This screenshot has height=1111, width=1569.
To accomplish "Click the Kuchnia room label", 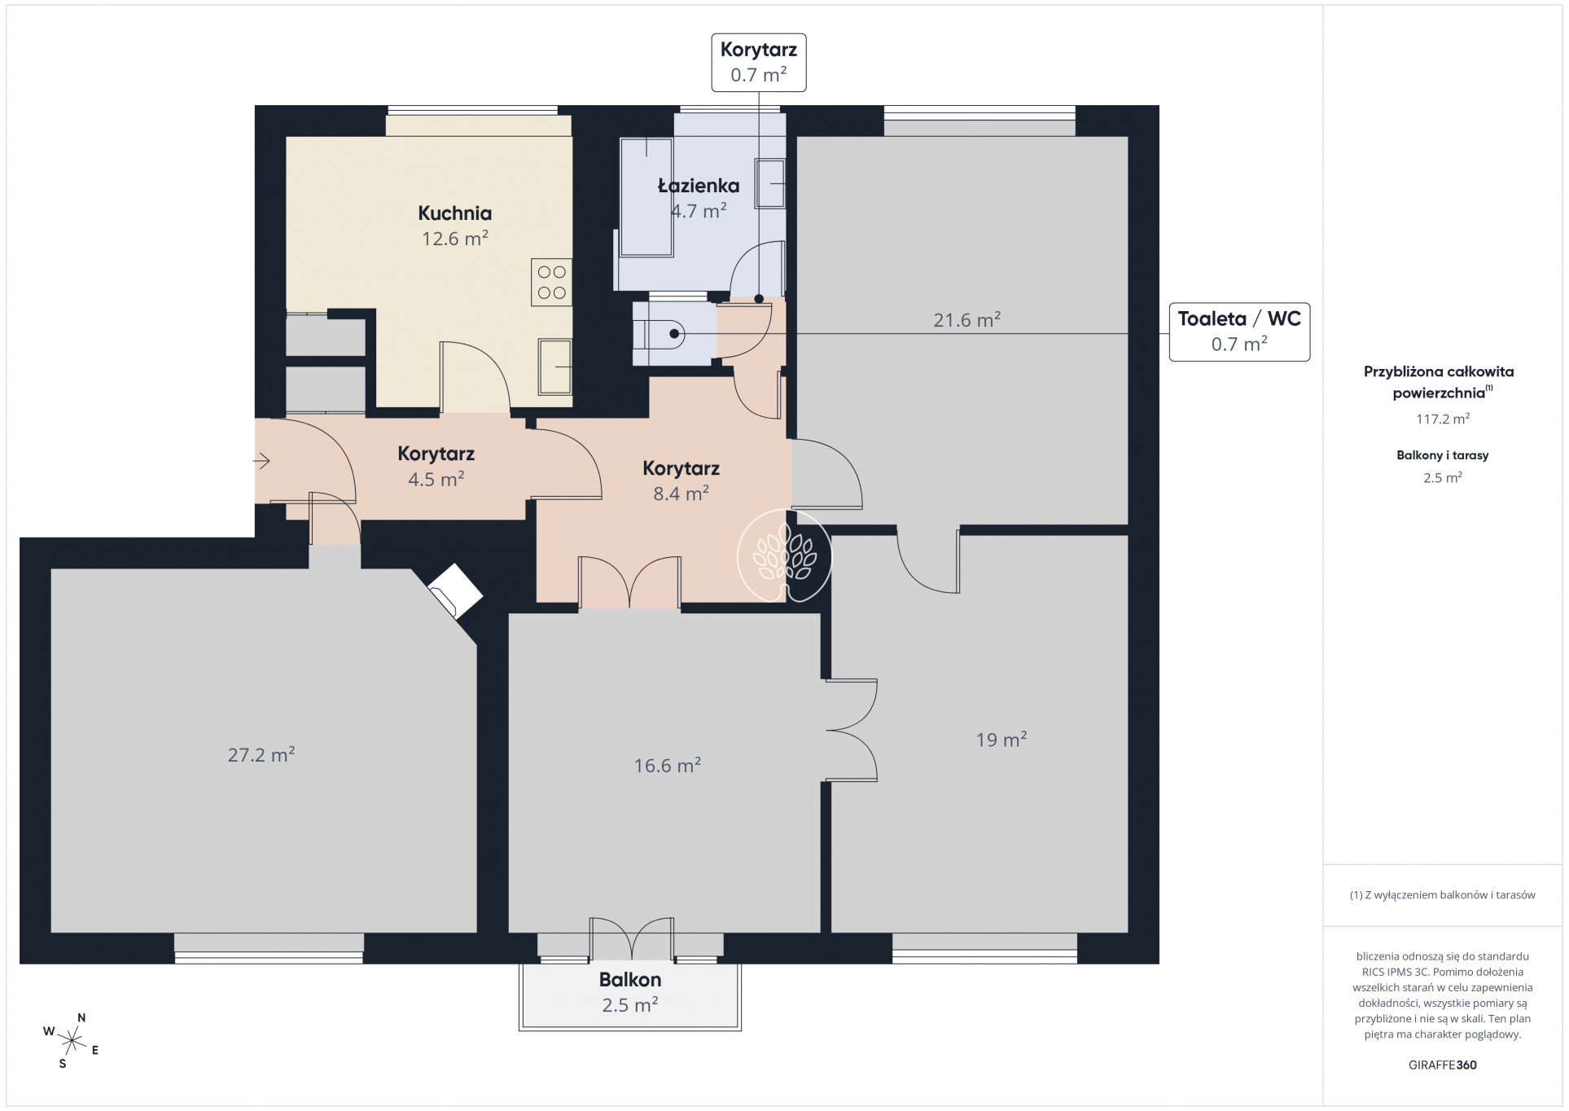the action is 454,213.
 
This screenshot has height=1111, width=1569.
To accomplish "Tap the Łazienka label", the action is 699,186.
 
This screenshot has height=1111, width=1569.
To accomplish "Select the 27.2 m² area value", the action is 261,755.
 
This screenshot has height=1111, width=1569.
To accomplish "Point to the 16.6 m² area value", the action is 668,766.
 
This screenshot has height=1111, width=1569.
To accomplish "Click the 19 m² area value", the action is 1001,740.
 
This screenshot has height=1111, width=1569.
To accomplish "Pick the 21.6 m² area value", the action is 966,320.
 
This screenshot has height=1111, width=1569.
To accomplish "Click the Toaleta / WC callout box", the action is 1239,331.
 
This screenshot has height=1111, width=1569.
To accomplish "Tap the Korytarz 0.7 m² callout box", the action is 758,62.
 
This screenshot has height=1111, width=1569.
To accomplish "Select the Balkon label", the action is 630,980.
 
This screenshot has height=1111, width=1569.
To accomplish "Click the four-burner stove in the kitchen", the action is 551,282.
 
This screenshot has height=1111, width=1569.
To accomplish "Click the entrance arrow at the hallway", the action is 261,462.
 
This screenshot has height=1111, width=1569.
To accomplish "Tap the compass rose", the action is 72,1040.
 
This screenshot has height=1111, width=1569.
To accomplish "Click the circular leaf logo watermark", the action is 784,556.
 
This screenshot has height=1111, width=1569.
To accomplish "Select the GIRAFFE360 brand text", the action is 1442,1065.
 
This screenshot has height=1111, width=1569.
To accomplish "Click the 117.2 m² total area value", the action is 1442,419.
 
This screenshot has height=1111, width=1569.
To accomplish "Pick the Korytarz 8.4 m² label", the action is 681,481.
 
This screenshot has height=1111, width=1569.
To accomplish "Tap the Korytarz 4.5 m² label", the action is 436,466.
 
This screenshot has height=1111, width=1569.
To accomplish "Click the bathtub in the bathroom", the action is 646,198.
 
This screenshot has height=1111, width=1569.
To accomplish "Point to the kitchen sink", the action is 555,367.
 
